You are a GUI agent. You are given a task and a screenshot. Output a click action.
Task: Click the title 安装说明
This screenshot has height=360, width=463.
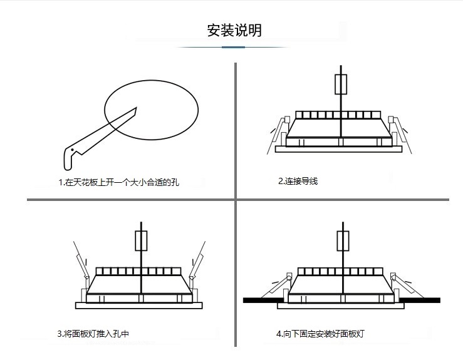pyautogui.click(x=234, y=30)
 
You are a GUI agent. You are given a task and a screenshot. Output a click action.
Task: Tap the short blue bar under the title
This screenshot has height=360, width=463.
pyautogui.click(x=233, y=47)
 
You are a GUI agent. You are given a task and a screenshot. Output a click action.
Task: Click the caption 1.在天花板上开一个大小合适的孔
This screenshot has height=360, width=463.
pyautogui.click(x=118, y=182)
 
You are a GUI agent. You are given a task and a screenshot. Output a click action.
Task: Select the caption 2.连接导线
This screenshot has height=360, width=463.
pyautogui.click(x=298, y=181)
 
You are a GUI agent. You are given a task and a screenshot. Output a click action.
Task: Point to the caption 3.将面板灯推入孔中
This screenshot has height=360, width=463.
pyautogui.click(x=93, y=334)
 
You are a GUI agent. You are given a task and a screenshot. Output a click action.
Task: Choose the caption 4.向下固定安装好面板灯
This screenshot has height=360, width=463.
pyautogui.click(x=320, y=334)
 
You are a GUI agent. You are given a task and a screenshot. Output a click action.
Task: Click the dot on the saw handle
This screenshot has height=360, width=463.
pyautogui.click(x=72, y=150)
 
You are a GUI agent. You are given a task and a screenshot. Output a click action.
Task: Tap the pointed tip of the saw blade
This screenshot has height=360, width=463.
pyautogui.click(x=137, y=108)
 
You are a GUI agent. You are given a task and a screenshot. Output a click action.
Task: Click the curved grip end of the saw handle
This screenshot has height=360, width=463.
pyautogui.click(x=68, y=164)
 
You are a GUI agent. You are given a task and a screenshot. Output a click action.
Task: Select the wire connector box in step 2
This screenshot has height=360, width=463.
pyautogui.click(x=341, y=85)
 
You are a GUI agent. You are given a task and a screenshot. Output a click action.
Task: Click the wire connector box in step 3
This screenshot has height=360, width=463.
pyautogui.click(x=141, y=241)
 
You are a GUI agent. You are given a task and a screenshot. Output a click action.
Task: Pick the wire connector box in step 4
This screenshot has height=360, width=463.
pyautogui.click(x=343, y=241)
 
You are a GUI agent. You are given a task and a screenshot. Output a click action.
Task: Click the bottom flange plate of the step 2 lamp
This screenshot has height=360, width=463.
pyautogui.click(x=338, y=149)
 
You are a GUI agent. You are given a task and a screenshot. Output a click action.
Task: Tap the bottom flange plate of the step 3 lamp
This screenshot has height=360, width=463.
pyautogui.click(x=139, y=306)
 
